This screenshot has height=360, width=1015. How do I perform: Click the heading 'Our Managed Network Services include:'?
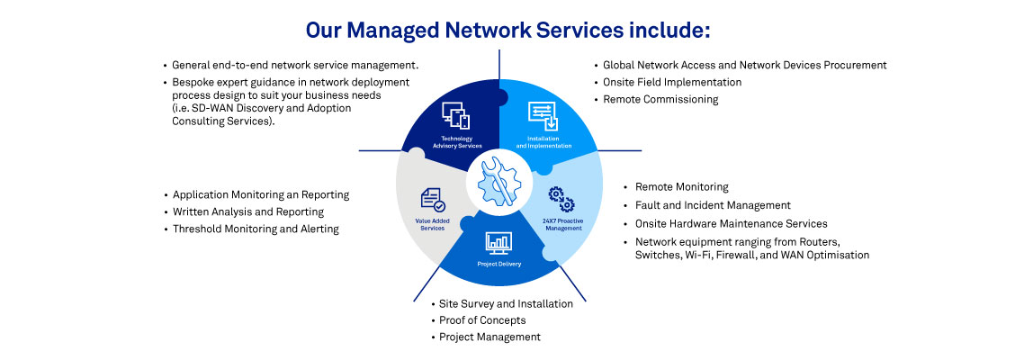point(508,30)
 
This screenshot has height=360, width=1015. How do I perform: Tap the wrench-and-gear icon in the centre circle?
point(499,181)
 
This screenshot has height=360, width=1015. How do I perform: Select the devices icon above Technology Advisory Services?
point(455,115)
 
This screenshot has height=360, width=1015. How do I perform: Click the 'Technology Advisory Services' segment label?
point(456,142)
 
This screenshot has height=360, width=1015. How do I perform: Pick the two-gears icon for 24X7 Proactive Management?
point(561,200)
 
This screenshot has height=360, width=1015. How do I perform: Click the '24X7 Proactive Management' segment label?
point(562,225)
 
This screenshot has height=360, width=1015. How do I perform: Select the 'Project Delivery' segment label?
point(499,265)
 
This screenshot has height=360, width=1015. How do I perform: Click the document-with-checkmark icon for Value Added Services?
point(433,200)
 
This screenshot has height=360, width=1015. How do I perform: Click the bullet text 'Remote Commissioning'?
point(660,99)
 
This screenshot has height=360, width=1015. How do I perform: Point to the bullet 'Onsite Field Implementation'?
point(672,82)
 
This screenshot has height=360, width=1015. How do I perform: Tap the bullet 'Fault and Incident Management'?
point(713,205)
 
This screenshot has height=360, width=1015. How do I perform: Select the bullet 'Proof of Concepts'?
point(482,320)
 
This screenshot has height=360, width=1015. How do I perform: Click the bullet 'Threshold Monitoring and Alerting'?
point(256,229)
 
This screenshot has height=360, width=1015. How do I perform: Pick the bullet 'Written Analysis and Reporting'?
point(248,211)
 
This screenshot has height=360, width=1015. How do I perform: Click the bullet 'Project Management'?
point(490,337)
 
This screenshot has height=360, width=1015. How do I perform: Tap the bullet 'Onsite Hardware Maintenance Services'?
point(731,223)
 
